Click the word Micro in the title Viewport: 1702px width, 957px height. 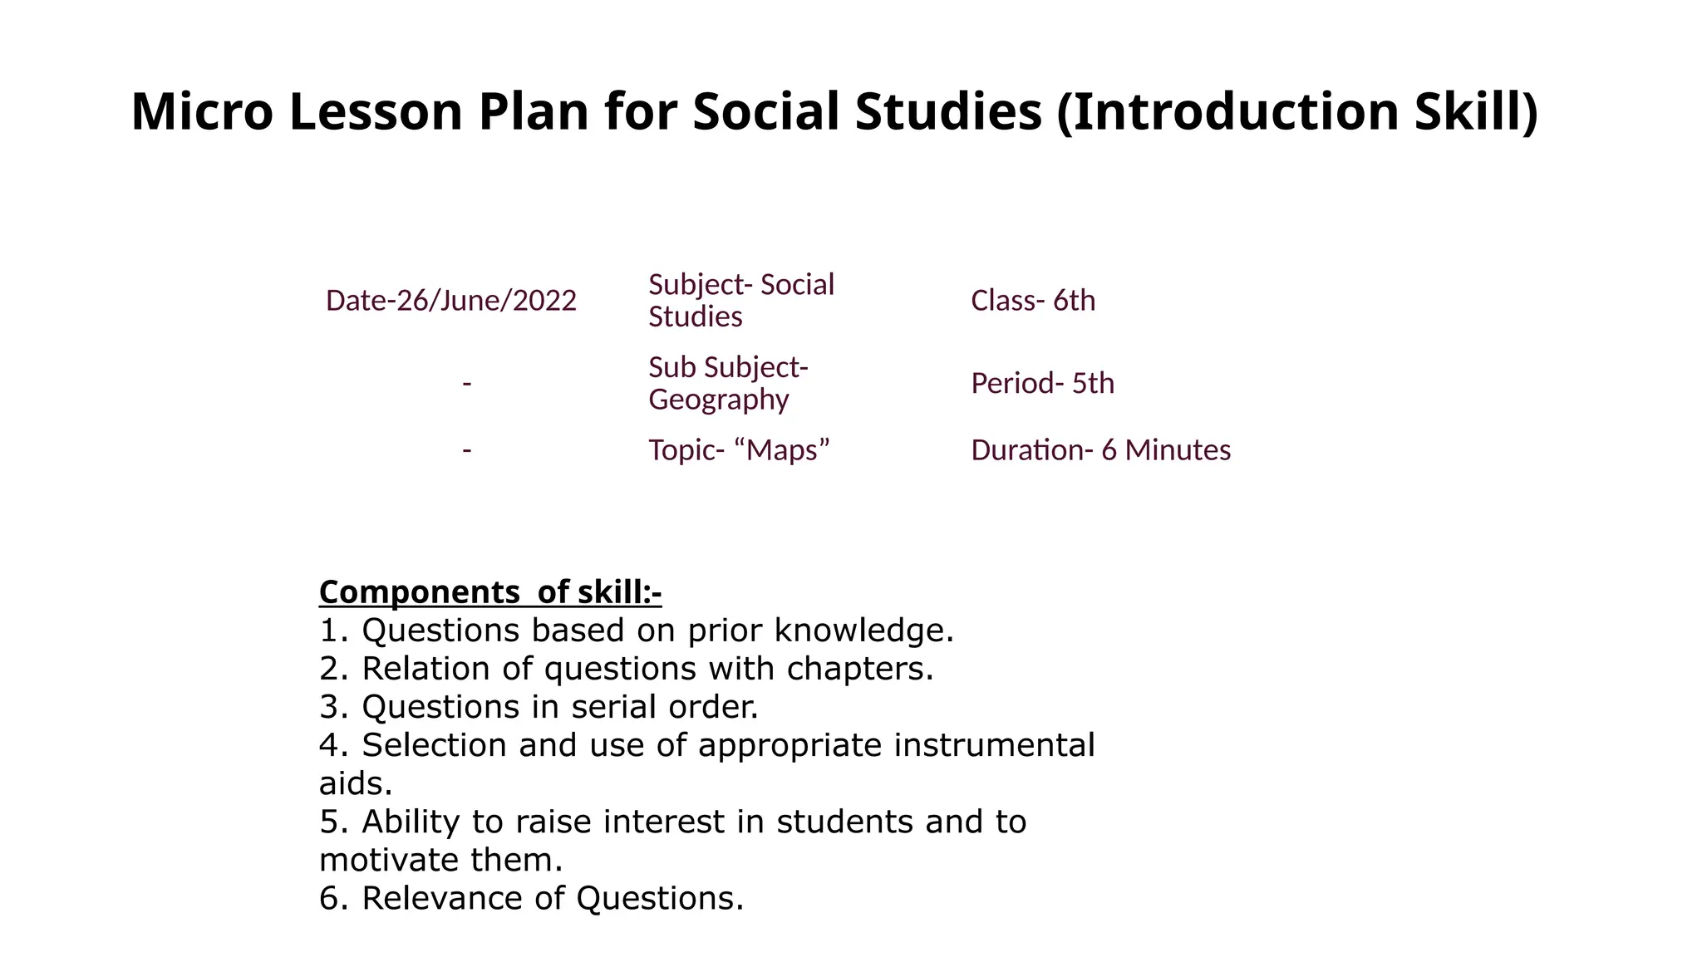click(202, 112)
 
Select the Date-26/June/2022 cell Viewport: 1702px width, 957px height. click(450, 301)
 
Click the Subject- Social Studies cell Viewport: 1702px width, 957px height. click(740, 301)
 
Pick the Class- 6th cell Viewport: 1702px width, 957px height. click(1033, 301)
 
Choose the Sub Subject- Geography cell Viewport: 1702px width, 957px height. click(728, 383)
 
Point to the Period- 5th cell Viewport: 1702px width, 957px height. click(1042, 384)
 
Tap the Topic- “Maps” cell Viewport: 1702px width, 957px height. click(739, 450)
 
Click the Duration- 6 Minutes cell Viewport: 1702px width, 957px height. click(1100, 450)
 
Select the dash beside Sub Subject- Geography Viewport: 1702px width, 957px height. click(467, 383)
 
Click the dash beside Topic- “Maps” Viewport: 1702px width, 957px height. click(467, 449)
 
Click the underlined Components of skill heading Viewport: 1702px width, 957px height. click(489, 592)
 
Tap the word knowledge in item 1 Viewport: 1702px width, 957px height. click(863, 631)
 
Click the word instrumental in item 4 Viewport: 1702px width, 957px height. click(994, 745)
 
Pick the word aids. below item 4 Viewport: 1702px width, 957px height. click(356, 783)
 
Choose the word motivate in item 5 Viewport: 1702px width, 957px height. click(390, 860)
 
